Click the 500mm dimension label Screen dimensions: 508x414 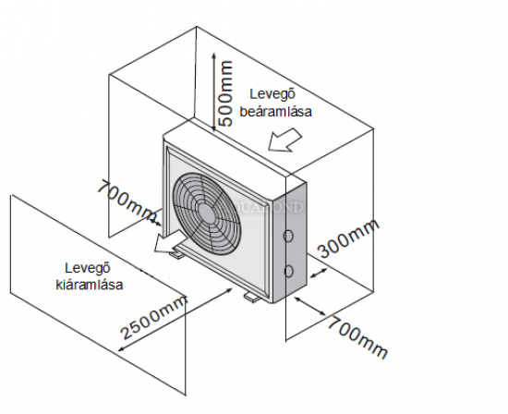tap(225, 93)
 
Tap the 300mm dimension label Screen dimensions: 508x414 tap(347, 238)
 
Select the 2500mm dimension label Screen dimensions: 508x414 tap(153, 318)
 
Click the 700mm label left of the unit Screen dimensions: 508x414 tap(127, 201)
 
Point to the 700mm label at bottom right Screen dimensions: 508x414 tap(357, 337)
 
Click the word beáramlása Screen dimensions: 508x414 tap(276, 111)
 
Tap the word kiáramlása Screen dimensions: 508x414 tap(90, 285)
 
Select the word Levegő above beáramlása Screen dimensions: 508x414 tap(272, 94)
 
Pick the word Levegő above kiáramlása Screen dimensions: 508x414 tap(88, 268)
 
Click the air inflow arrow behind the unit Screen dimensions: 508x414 tap(284, 140)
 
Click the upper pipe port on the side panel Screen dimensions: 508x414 tap(288, 236)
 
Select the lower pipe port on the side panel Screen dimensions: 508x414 tap(289, 271)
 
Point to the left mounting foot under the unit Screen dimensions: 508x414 tap(176, 253)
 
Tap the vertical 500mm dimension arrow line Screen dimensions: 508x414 tap(213, 92)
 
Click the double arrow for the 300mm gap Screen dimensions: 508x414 tap(319, 273)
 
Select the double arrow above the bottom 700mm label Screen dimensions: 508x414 tap(310, 306)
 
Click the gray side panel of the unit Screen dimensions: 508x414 tap(296, 240)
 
